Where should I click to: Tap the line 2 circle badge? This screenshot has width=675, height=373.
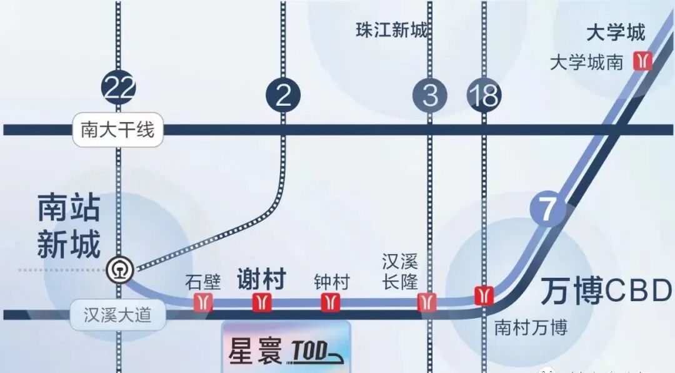(x=283, y=95)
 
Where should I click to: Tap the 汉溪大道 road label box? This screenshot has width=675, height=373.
(x=117, y=314)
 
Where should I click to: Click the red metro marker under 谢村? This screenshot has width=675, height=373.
(x=262, y=302)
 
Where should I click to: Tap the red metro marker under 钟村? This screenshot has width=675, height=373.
(x=330, y=302)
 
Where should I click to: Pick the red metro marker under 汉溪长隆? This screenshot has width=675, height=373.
(x=427, y=302)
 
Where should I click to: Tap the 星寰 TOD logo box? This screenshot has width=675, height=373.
(x=286, y=349)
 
